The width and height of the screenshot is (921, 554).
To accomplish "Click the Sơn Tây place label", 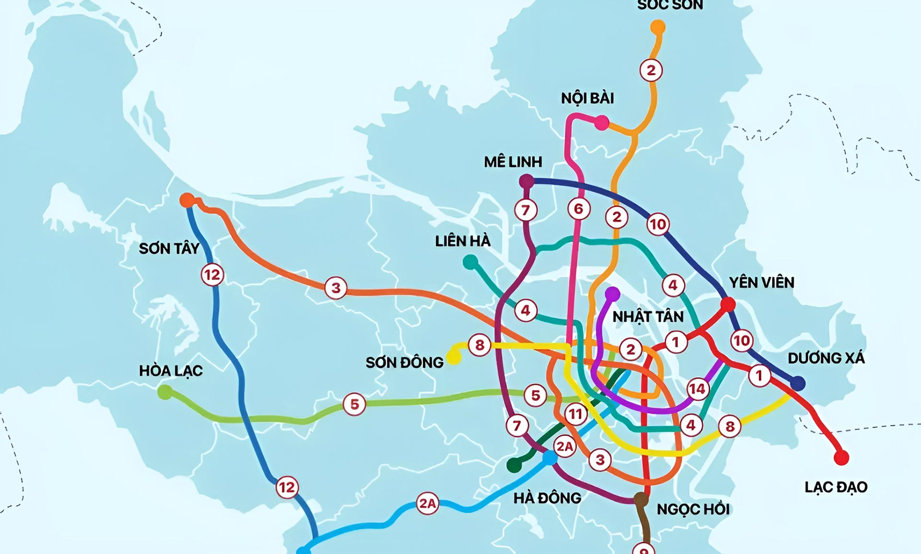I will (169, 248).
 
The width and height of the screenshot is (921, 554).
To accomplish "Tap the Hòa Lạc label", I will (171, 371).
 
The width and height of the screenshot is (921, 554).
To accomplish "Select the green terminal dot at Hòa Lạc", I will (165, 392).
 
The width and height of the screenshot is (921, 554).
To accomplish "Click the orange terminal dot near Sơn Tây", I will (187, 200).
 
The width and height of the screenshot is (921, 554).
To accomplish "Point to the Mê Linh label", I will (513, 162).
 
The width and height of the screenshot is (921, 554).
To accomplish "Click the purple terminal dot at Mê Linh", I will (527, 181).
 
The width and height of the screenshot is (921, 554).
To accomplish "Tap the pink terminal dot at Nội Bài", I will (602, 123).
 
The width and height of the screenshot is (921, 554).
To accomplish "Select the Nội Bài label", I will (587, 98).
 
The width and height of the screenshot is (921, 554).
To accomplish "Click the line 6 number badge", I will (579, 209).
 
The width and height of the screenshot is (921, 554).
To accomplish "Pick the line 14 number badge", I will (697, 389).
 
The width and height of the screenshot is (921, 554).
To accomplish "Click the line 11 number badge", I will (576, 414).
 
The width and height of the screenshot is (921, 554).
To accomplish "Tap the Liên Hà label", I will (462, 241).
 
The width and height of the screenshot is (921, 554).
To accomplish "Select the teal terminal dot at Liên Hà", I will (471, 262).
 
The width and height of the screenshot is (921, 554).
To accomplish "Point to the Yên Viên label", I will (761, 283).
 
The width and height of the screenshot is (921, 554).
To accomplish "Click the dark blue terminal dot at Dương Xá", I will (797, 383).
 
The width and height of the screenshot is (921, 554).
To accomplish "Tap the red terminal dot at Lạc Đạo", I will (841, 458).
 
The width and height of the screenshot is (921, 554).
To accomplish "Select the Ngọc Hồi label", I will (693, 509).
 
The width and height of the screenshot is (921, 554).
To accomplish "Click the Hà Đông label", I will (547, 498).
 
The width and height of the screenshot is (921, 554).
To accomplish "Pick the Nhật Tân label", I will (648, 317).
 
